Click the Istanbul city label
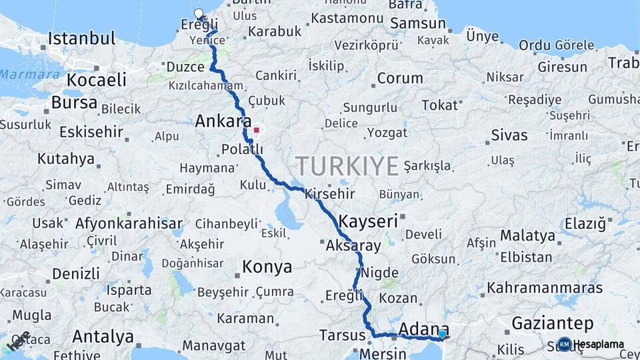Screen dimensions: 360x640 click(81, 38)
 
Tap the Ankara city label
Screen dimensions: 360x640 click(223, 122)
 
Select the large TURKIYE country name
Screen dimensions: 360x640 click(347, 165)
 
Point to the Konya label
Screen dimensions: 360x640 click(267, 267)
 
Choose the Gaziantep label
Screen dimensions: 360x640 click(553, 324)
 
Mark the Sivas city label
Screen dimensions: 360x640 click(509, 135)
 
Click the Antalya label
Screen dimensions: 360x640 click(103, 336)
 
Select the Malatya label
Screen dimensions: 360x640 click(527, 235)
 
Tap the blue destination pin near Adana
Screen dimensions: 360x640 click(442, 333)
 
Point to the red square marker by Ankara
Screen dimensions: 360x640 click(256, 131)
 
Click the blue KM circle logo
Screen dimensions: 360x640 click(564, 344)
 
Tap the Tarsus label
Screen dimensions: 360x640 click(341, 334)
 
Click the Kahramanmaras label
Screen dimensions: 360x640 click(545, 289)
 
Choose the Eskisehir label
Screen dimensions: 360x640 click(91, 131)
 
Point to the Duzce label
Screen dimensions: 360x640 click(185, 67)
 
